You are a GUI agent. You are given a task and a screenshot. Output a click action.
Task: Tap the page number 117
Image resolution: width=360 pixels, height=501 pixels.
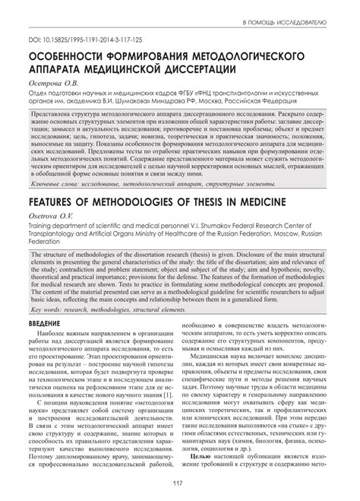click(180, 484)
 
